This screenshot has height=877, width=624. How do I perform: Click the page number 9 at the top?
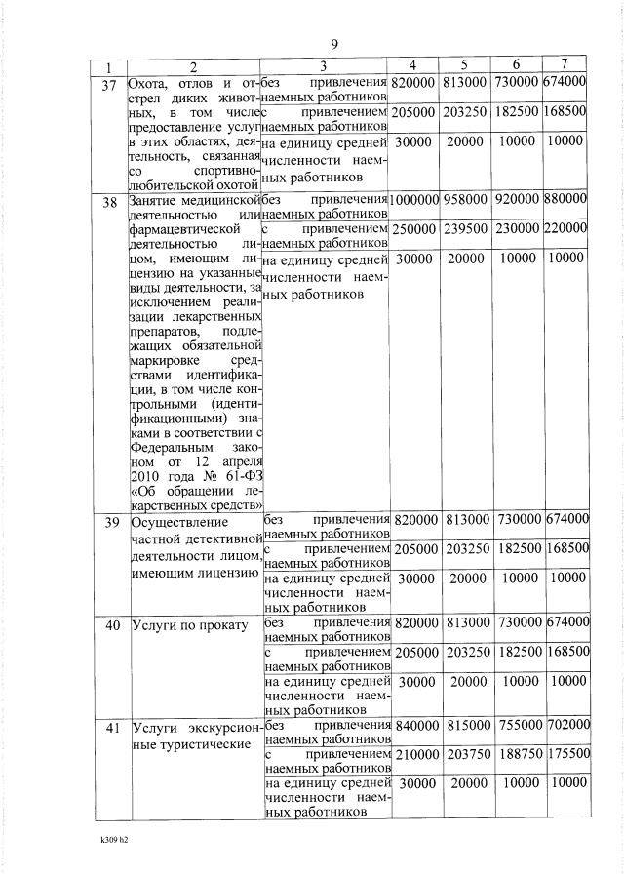click(333, 45)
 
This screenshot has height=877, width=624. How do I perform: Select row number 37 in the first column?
click(109, 86)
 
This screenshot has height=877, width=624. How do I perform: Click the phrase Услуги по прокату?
click(190, 624)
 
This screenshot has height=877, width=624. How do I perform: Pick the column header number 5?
click(466, 66)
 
